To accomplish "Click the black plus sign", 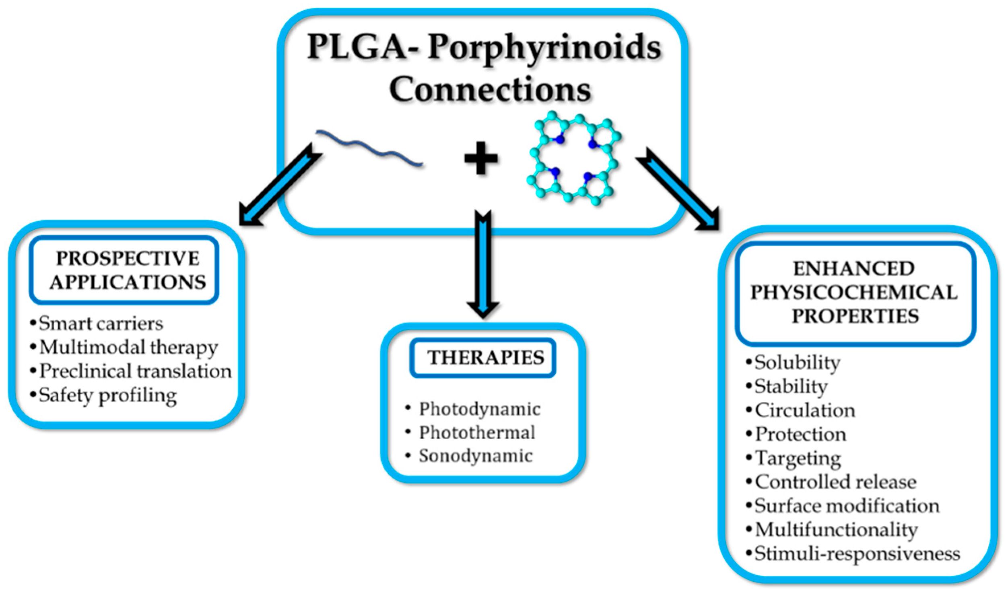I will [x=480, y=158].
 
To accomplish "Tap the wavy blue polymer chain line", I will [x=369, y=148].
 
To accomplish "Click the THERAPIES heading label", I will [x=485, y=358].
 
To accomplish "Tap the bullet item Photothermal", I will [x=477, y=433].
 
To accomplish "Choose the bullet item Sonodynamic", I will [x=475, y=456].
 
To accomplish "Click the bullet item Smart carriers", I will [x=101, y=323].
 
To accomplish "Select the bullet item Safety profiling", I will [x=107, y=396].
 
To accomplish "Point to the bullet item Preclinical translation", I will [x=135, y=371].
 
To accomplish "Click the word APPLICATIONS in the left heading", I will [x=128, y=282].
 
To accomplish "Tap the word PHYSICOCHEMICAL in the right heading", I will [x=854, y=292].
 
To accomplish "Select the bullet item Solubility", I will [x=797, y=362].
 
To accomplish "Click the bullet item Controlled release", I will [x=835, y=482].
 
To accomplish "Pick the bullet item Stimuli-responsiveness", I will [x=857, y=554].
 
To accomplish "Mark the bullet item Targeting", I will [x=798, y=458].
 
